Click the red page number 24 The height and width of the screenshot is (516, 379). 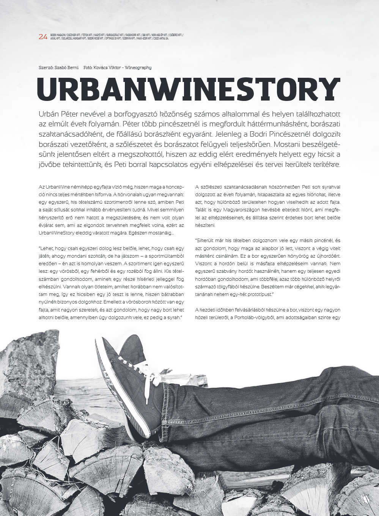click(x=43, y=37)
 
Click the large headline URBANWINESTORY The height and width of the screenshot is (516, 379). click(x=189, y=90)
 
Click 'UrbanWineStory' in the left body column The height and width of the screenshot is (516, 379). click(x=57, y=233)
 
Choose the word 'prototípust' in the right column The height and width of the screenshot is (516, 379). click(x=259, y=294)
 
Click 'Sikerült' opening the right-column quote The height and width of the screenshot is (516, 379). click(x=206, y=241)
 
